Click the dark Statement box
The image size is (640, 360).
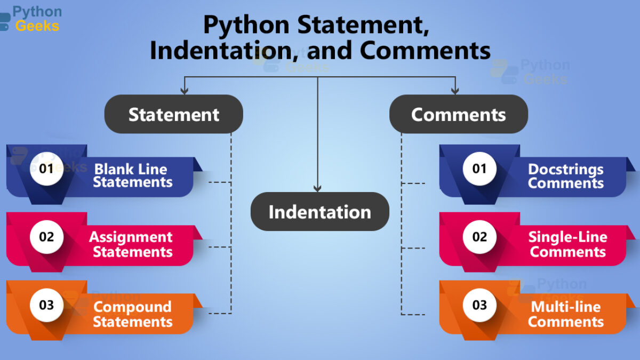174,114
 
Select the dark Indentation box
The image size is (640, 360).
319,211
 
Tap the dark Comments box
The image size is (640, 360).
459,114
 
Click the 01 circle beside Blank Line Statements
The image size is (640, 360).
46,169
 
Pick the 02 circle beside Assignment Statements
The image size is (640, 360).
46,237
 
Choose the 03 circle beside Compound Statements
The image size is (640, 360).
46,305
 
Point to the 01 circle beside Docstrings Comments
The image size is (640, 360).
479,169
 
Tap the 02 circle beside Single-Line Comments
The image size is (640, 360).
479,237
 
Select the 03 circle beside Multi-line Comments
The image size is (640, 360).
479,305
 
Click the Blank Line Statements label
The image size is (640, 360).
133,175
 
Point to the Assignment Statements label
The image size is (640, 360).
131,244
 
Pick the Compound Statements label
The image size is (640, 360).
133,314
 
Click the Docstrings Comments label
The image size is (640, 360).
566,176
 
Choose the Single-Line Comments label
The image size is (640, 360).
567,244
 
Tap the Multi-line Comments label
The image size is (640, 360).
566,314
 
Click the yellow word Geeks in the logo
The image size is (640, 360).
37,26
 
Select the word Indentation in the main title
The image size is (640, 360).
224,51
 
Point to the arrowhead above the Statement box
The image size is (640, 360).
185,91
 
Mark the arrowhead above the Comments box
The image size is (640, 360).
455,91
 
